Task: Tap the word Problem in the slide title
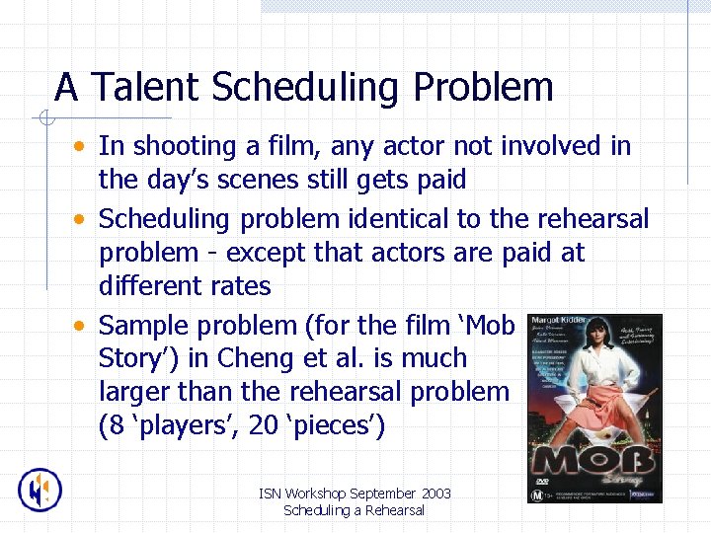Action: (483, 88)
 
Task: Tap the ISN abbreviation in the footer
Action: (269, 494)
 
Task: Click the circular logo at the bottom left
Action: (40, 490)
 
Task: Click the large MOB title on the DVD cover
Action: (592, 461)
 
